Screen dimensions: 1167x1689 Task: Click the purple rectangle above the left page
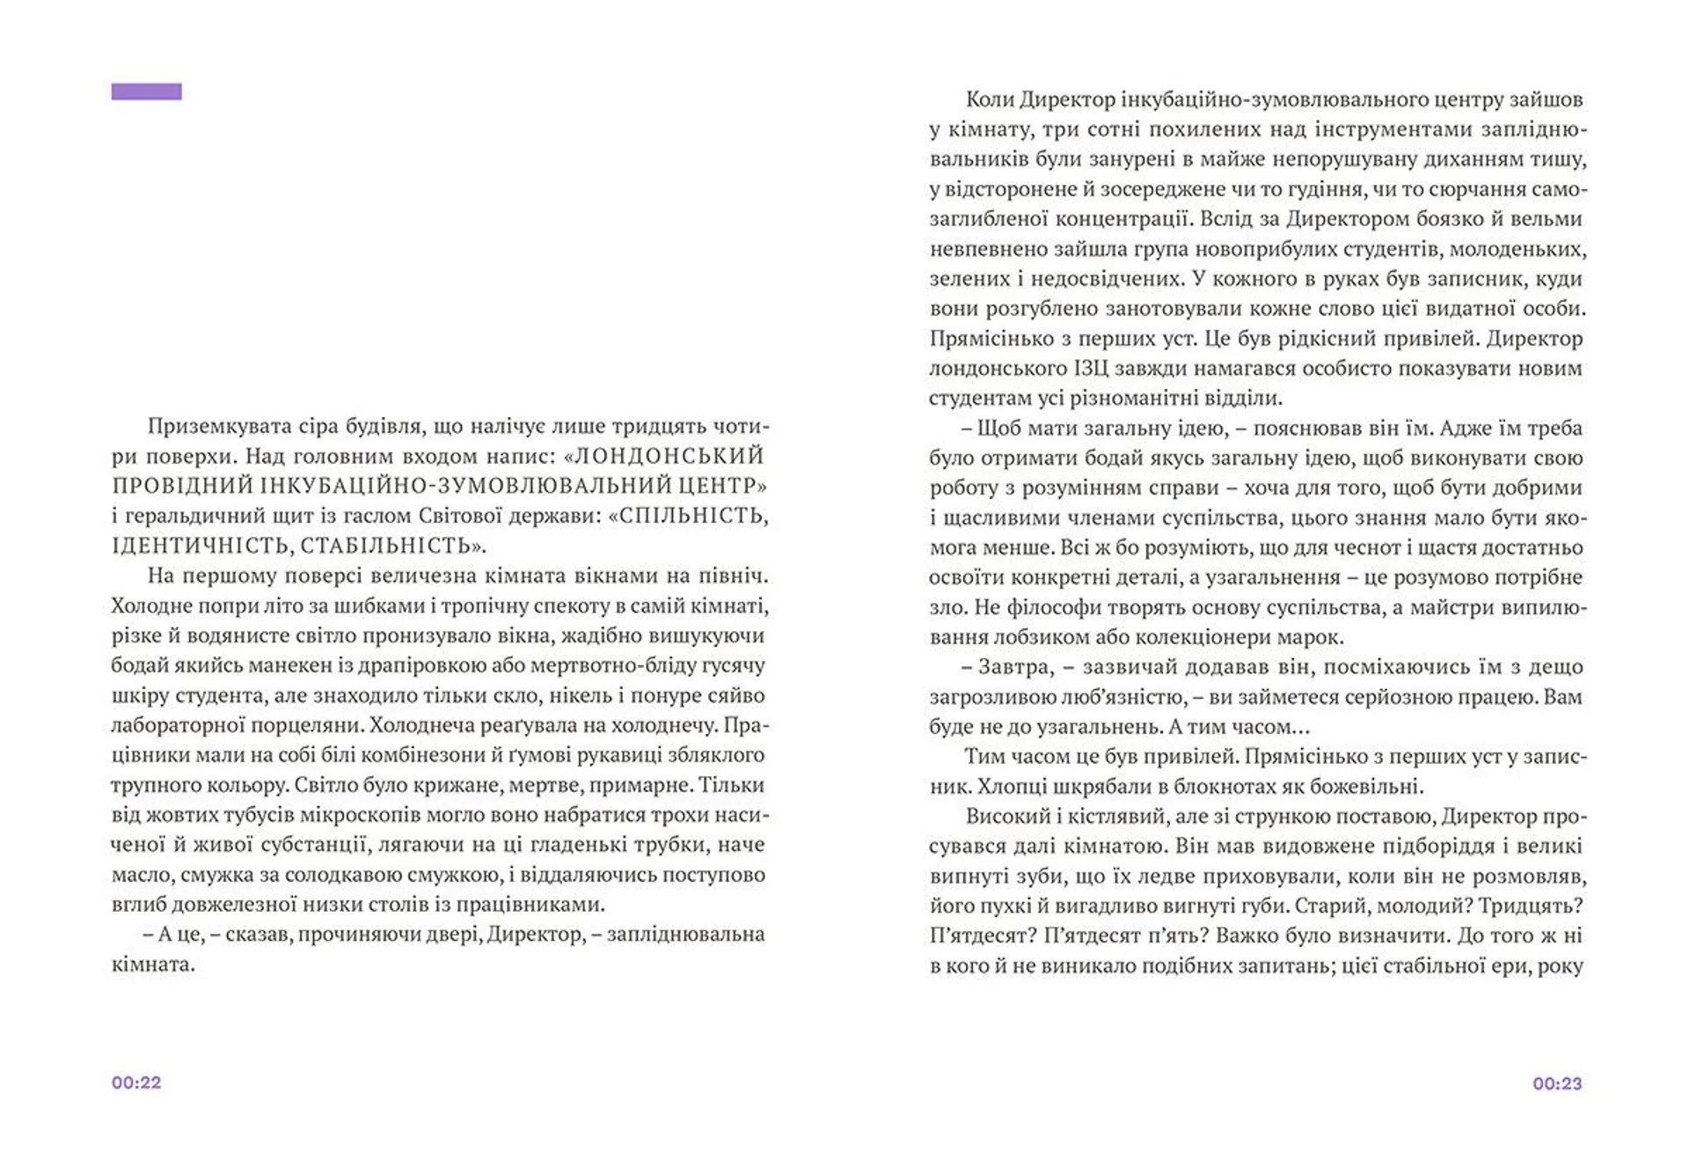pos(146,92)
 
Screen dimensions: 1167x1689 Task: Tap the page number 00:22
pos(136,1083)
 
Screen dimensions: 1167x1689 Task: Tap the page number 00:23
pos(1557,1083)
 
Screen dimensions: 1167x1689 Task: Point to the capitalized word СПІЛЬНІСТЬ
pos(694,517)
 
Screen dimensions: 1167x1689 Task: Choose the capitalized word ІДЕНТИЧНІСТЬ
pos(201,547)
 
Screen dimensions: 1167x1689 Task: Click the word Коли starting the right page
pos(990,99)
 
